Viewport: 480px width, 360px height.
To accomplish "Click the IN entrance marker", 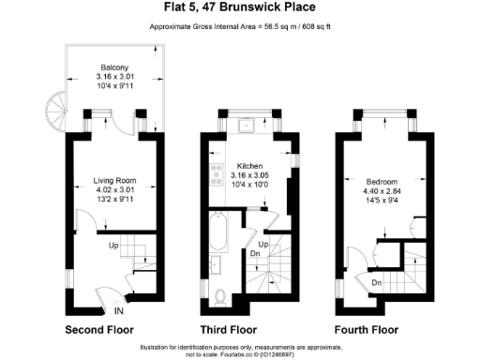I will pos(119,311).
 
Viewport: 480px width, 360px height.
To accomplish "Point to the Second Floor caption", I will pos(99,330).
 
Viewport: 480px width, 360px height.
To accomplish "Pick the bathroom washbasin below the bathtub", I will pos(216,264).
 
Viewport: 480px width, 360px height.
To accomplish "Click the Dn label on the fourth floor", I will pos(375,281).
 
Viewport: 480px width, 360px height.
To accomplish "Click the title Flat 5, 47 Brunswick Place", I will pos(240,8).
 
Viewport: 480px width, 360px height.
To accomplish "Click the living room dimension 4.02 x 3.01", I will pos(115,189).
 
